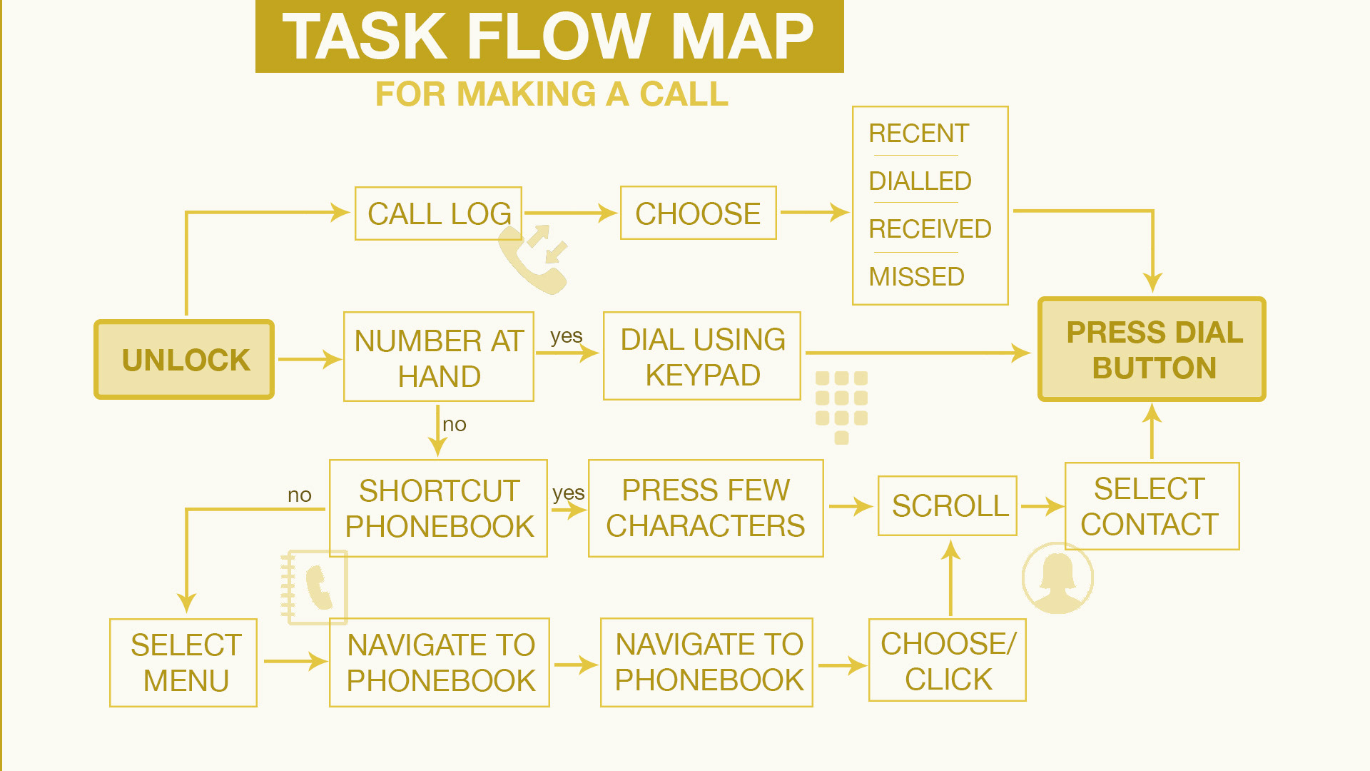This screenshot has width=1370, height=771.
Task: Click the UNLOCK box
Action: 184,359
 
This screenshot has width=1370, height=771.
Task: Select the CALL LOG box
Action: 438,213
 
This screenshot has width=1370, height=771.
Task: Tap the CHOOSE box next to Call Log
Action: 698,213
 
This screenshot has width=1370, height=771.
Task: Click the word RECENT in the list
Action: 918,133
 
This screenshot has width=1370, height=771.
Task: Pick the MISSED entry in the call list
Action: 916,276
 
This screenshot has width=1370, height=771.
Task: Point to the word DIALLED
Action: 920,181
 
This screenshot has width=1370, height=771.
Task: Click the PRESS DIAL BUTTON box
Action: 1152,350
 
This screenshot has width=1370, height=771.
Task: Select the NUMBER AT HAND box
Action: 439,357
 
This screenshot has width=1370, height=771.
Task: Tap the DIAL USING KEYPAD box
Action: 702,356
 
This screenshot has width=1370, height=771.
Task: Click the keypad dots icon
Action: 841,405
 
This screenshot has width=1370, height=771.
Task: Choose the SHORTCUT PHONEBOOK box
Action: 438,508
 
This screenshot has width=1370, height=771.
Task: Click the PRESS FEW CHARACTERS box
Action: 706,508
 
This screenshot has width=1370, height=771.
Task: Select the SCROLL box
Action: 948,506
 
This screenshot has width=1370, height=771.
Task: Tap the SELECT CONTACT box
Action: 1151,506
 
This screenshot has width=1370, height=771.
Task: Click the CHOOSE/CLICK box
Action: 948,661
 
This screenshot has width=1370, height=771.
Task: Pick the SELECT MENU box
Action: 184,662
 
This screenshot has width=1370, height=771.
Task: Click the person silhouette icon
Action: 1057,578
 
